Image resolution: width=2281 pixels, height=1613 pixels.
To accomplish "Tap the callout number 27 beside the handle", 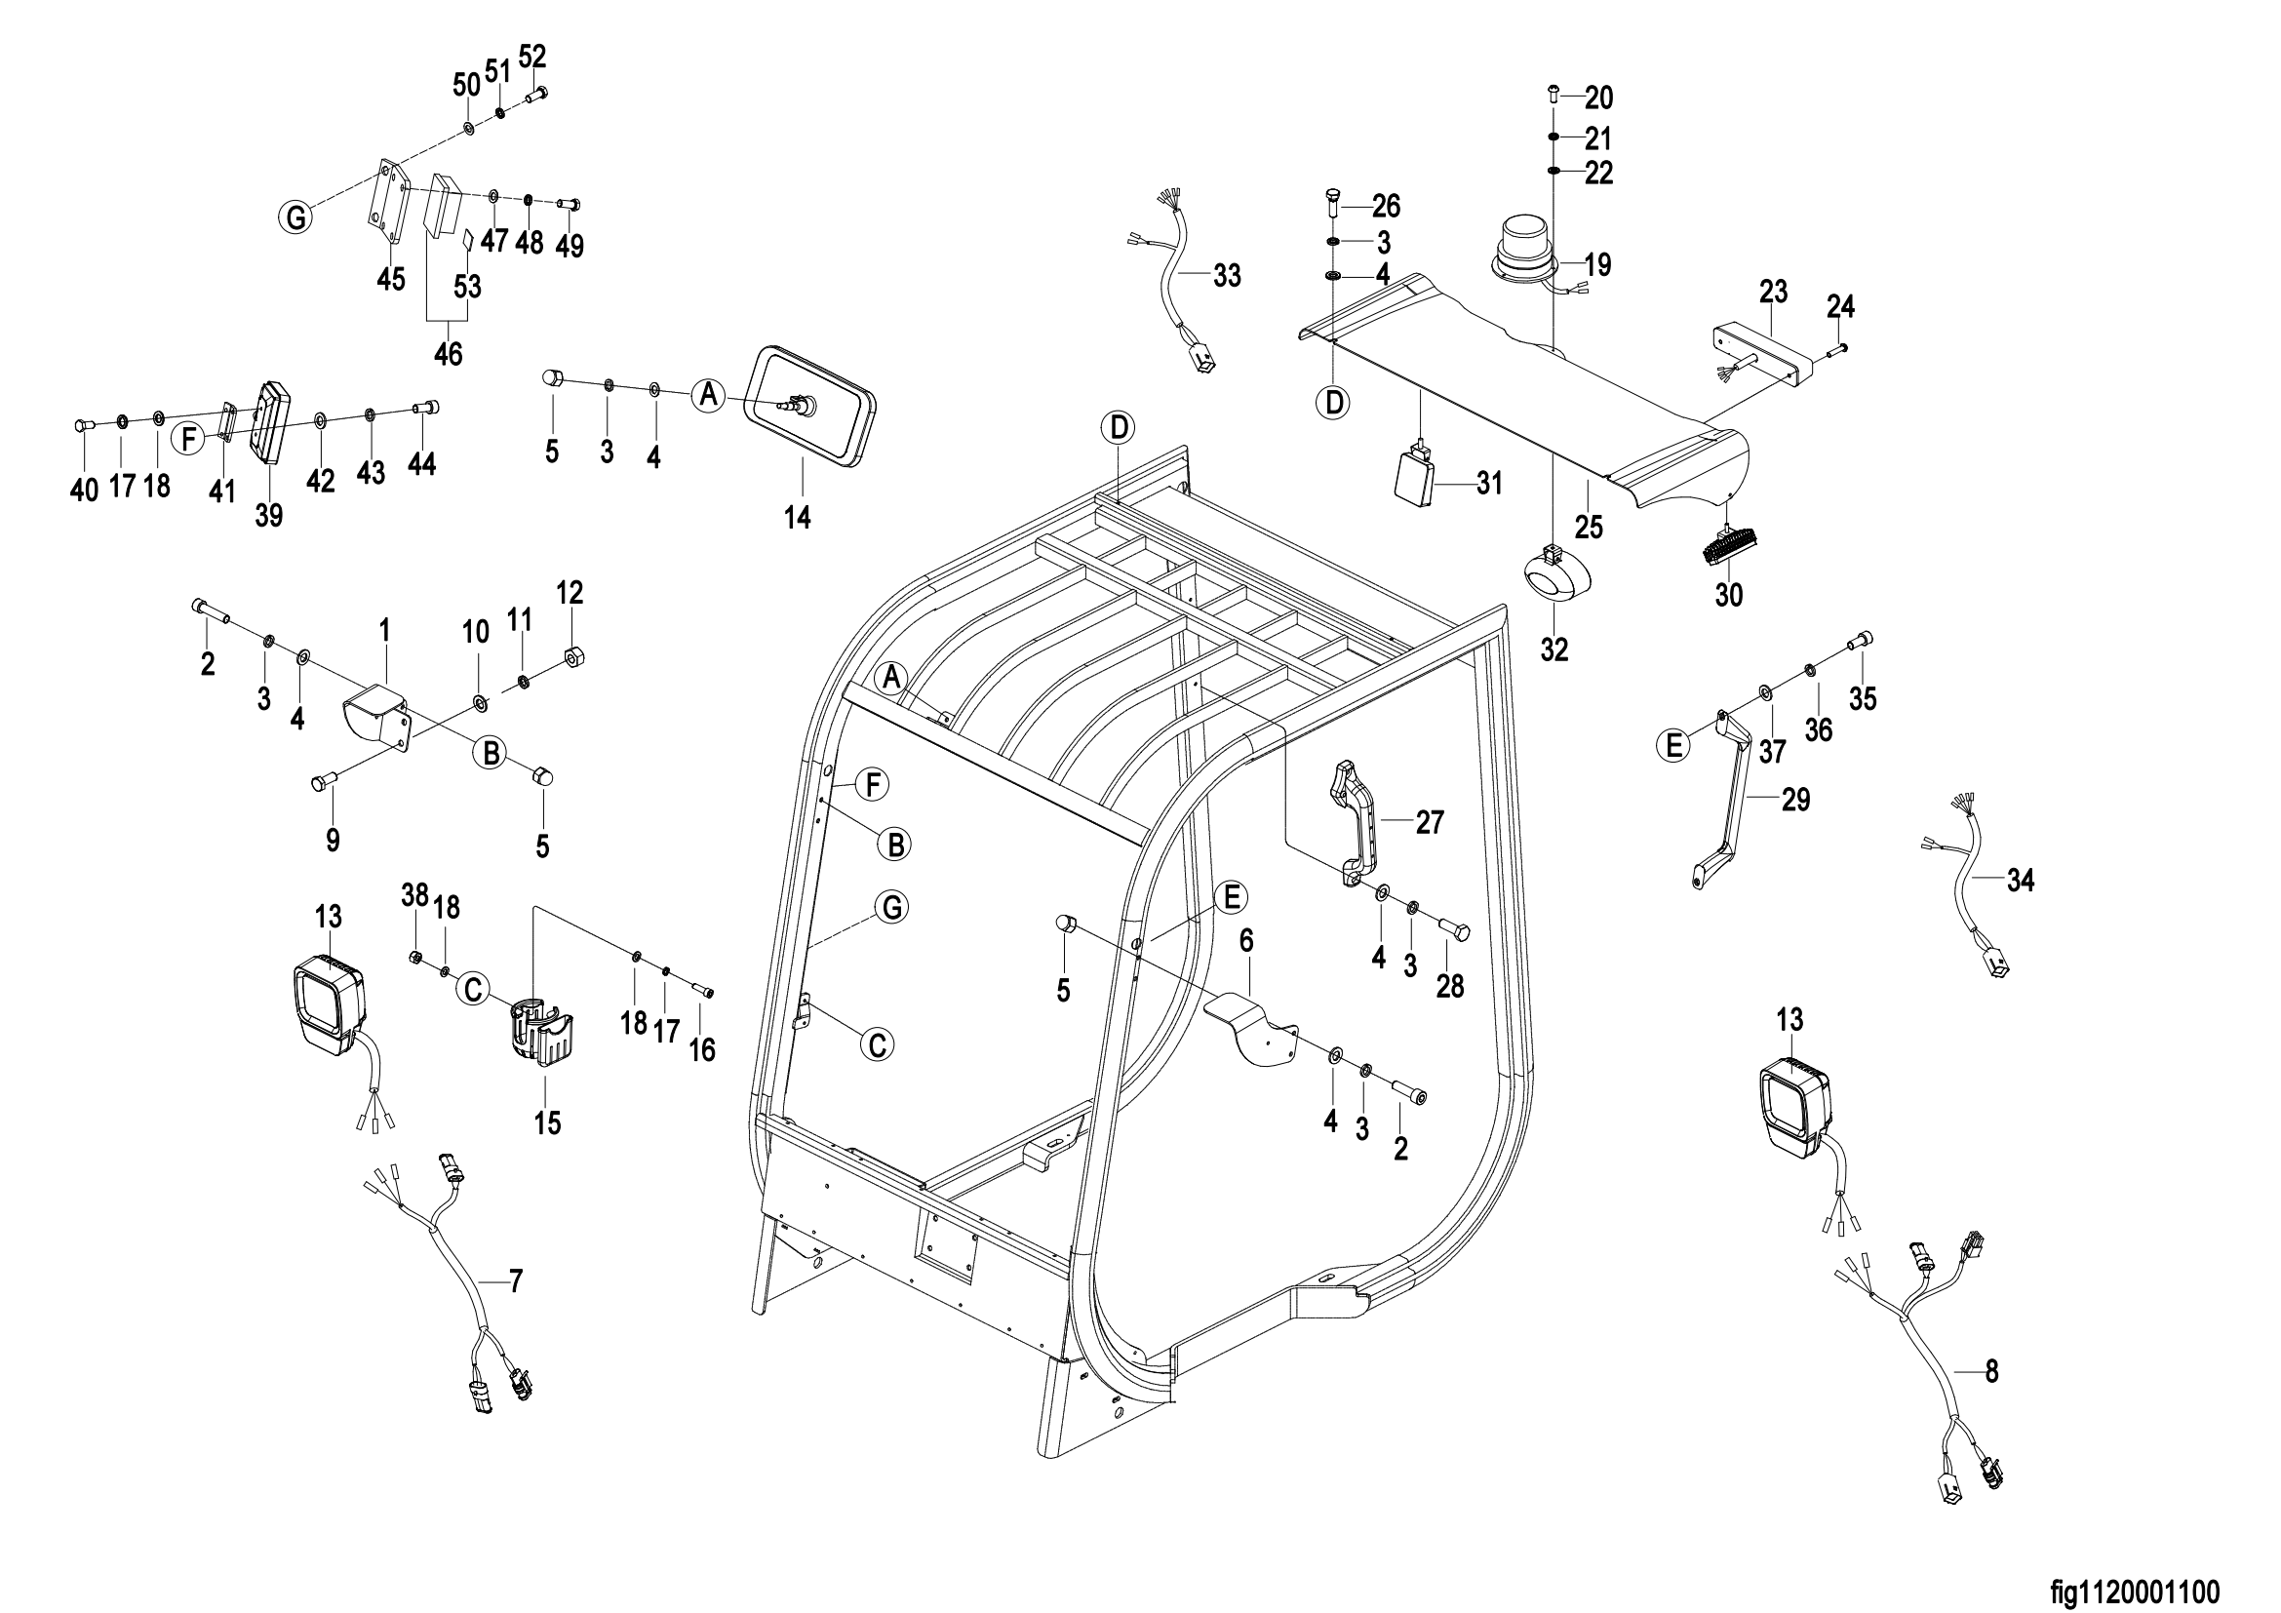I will tap(1430, 822).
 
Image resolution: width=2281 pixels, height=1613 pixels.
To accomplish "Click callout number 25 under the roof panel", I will tap(1589, 526).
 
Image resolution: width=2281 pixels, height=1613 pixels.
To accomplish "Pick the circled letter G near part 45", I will tap(297, 216).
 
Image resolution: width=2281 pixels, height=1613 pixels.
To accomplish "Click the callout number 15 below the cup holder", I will tap(547, 1123).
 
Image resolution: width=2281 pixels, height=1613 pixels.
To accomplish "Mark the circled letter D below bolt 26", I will tap(1334, 401).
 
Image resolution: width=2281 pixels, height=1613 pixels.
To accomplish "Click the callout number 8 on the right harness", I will tap(1991, 1372).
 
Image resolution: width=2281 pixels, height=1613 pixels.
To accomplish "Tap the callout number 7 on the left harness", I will tap(515, 1281).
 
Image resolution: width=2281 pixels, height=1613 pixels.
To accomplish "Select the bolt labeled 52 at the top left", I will tap(536, 96).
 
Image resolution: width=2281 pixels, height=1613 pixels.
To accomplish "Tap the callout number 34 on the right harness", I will tap(2020, 880).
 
